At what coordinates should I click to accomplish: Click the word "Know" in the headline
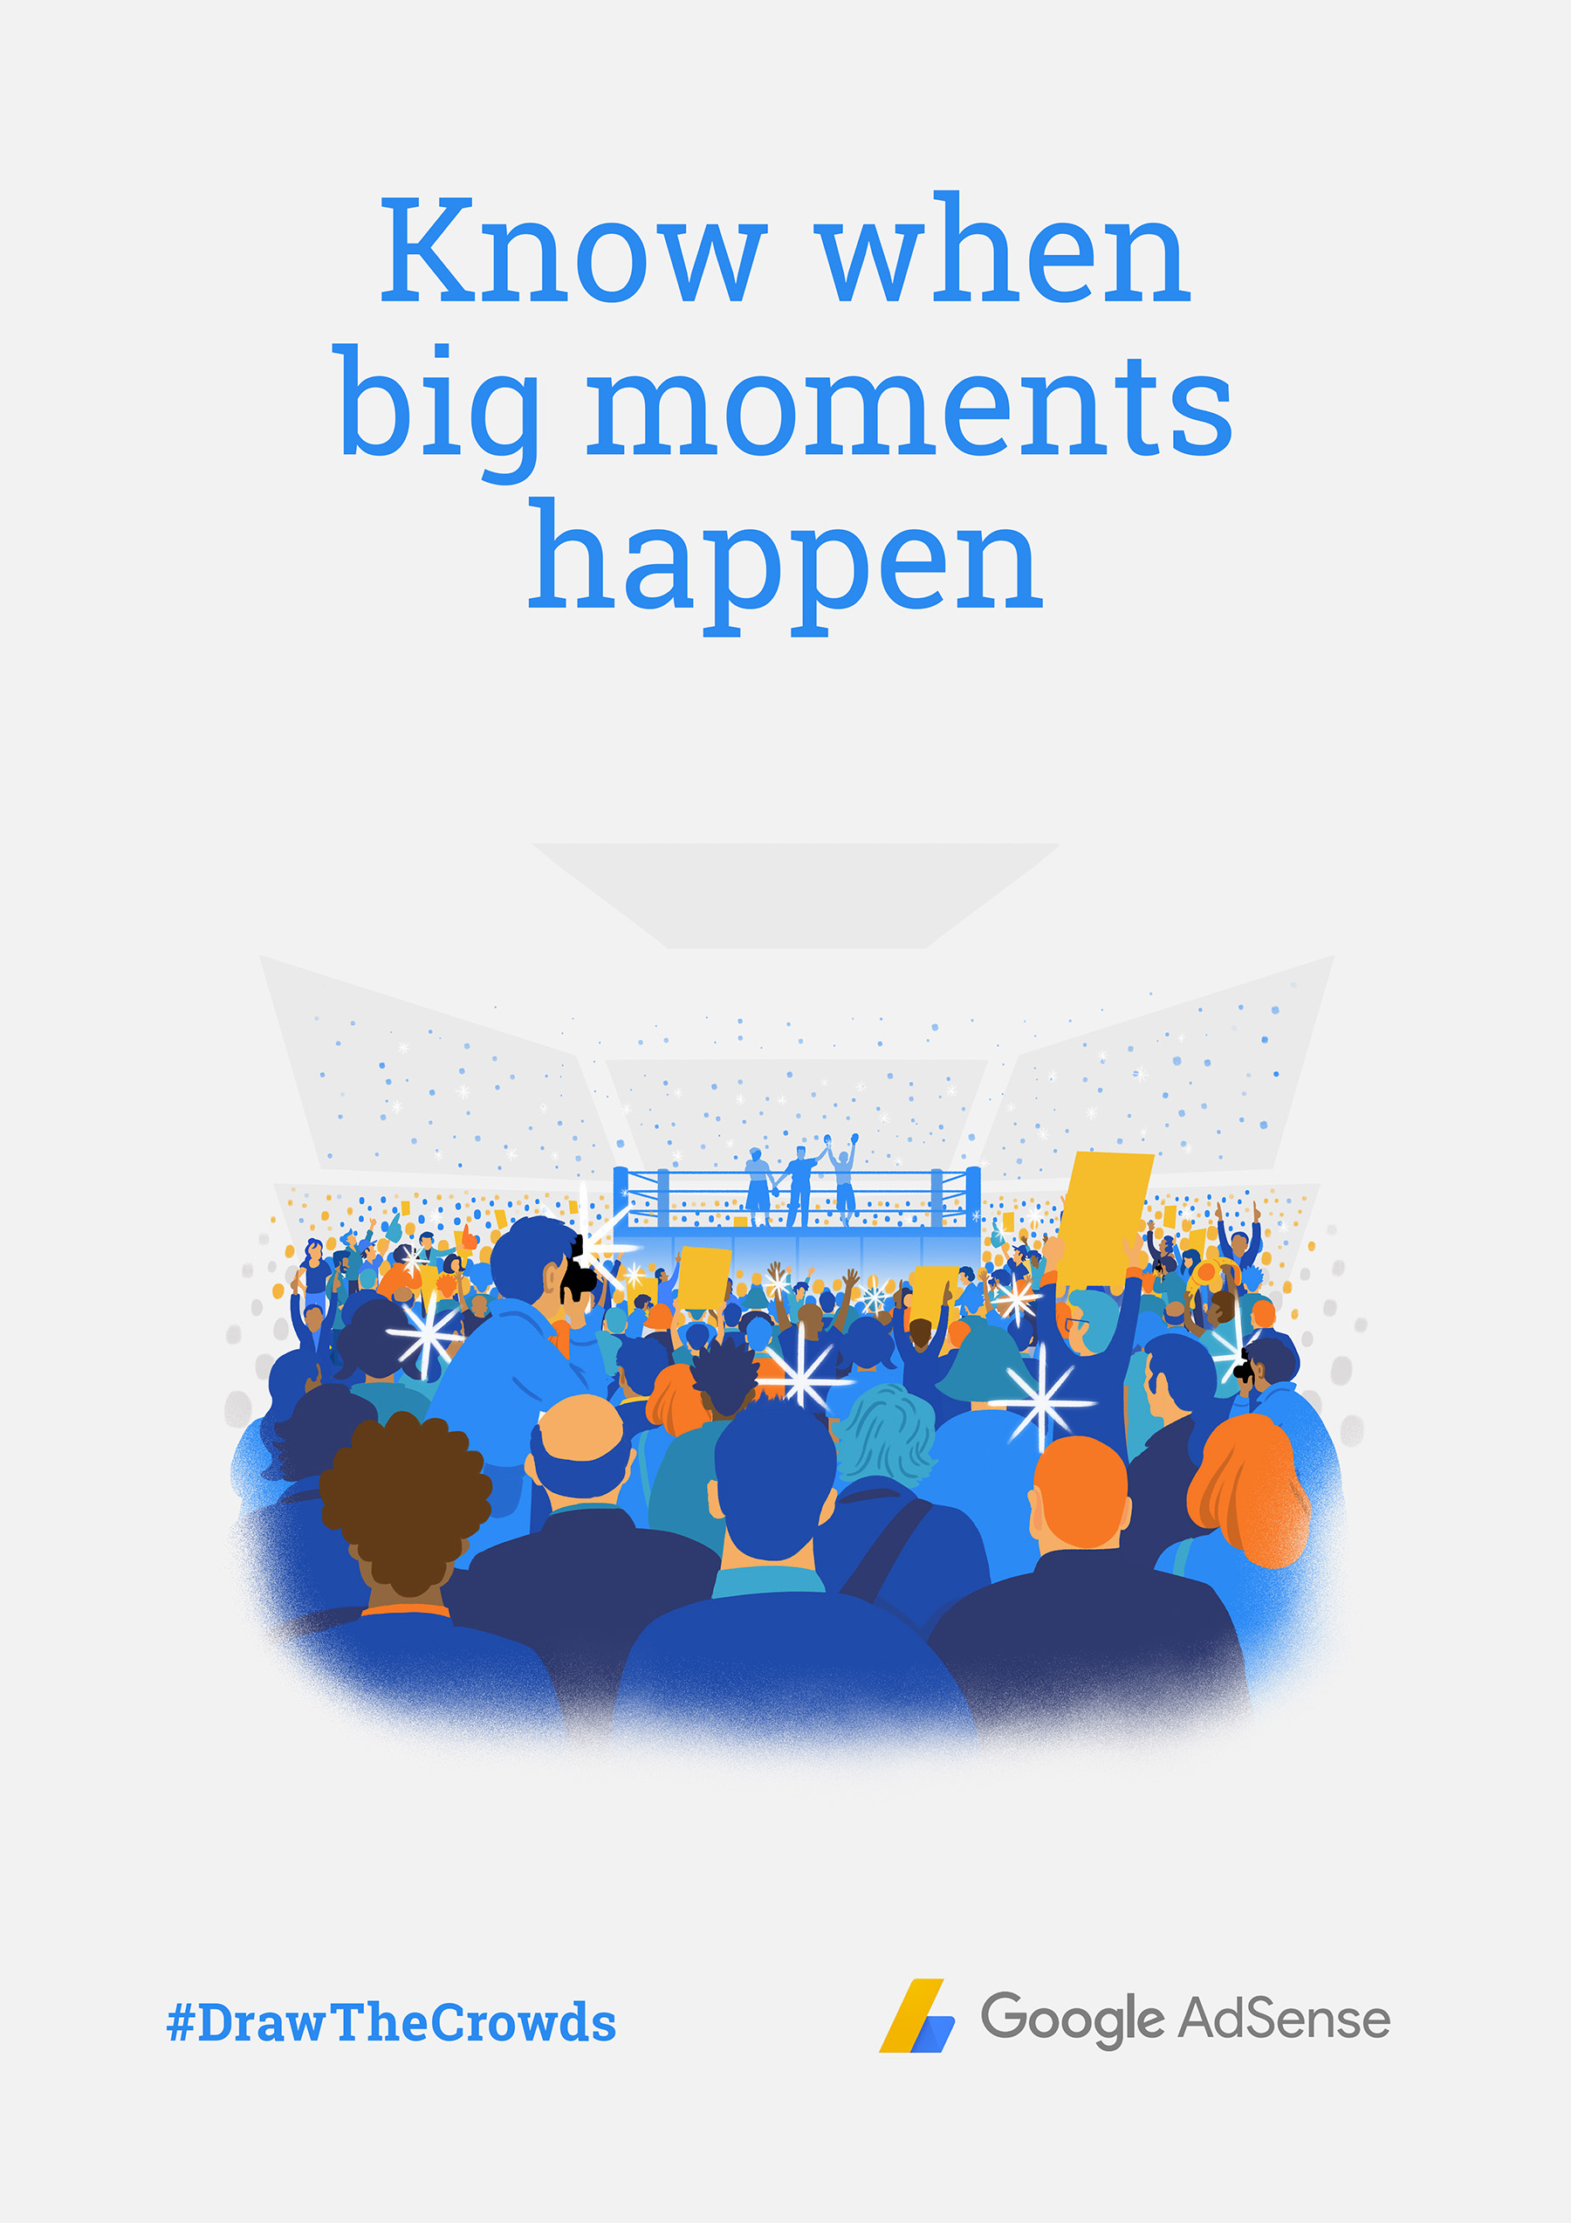(x=573, y=249)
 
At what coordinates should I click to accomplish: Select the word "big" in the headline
(x=438, y=410)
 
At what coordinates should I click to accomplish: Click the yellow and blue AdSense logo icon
(x=916, y=2016)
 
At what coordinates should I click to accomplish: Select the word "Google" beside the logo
(x=1072, y=2020)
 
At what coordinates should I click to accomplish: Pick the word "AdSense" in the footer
(x=1284, y=2018)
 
